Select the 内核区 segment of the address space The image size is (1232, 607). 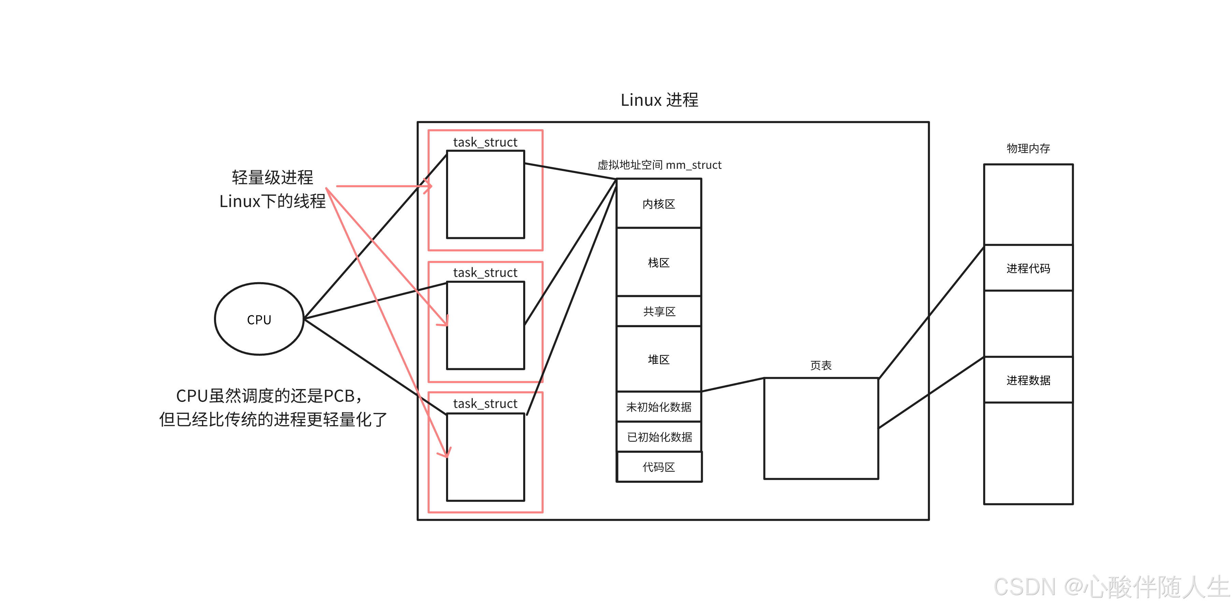click(659, 204)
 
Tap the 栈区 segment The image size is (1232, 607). click(659, 262)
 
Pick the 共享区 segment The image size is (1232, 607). click(659, 312)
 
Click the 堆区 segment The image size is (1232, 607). click(659, 359)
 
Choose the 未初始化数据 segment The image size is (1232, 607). click(659, 407)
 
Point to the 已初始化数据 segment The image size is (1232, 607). click(659, 437)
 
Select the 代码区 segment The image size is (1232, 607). click(659, 467)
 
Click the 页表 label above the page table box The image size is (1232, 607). click(821, 365)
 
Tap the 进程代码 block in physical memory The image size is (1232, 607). click(1028, 268)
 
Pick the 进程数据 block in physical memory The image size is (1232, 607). click(1028, 380)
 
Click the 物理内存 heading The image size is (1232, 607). click(1028, 148)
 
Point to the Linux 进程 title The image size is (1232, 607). click(659, 100)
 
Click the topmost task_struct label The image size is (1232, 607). click(485, 142)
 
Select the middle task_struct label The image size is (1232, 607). click(485, 273)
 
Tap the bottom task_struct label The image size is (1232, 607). click(485, 404)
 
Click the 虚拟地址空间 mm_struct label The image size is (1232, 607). click(659, 165)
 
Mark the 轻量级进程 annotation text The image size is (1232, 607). click(272, 177)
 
